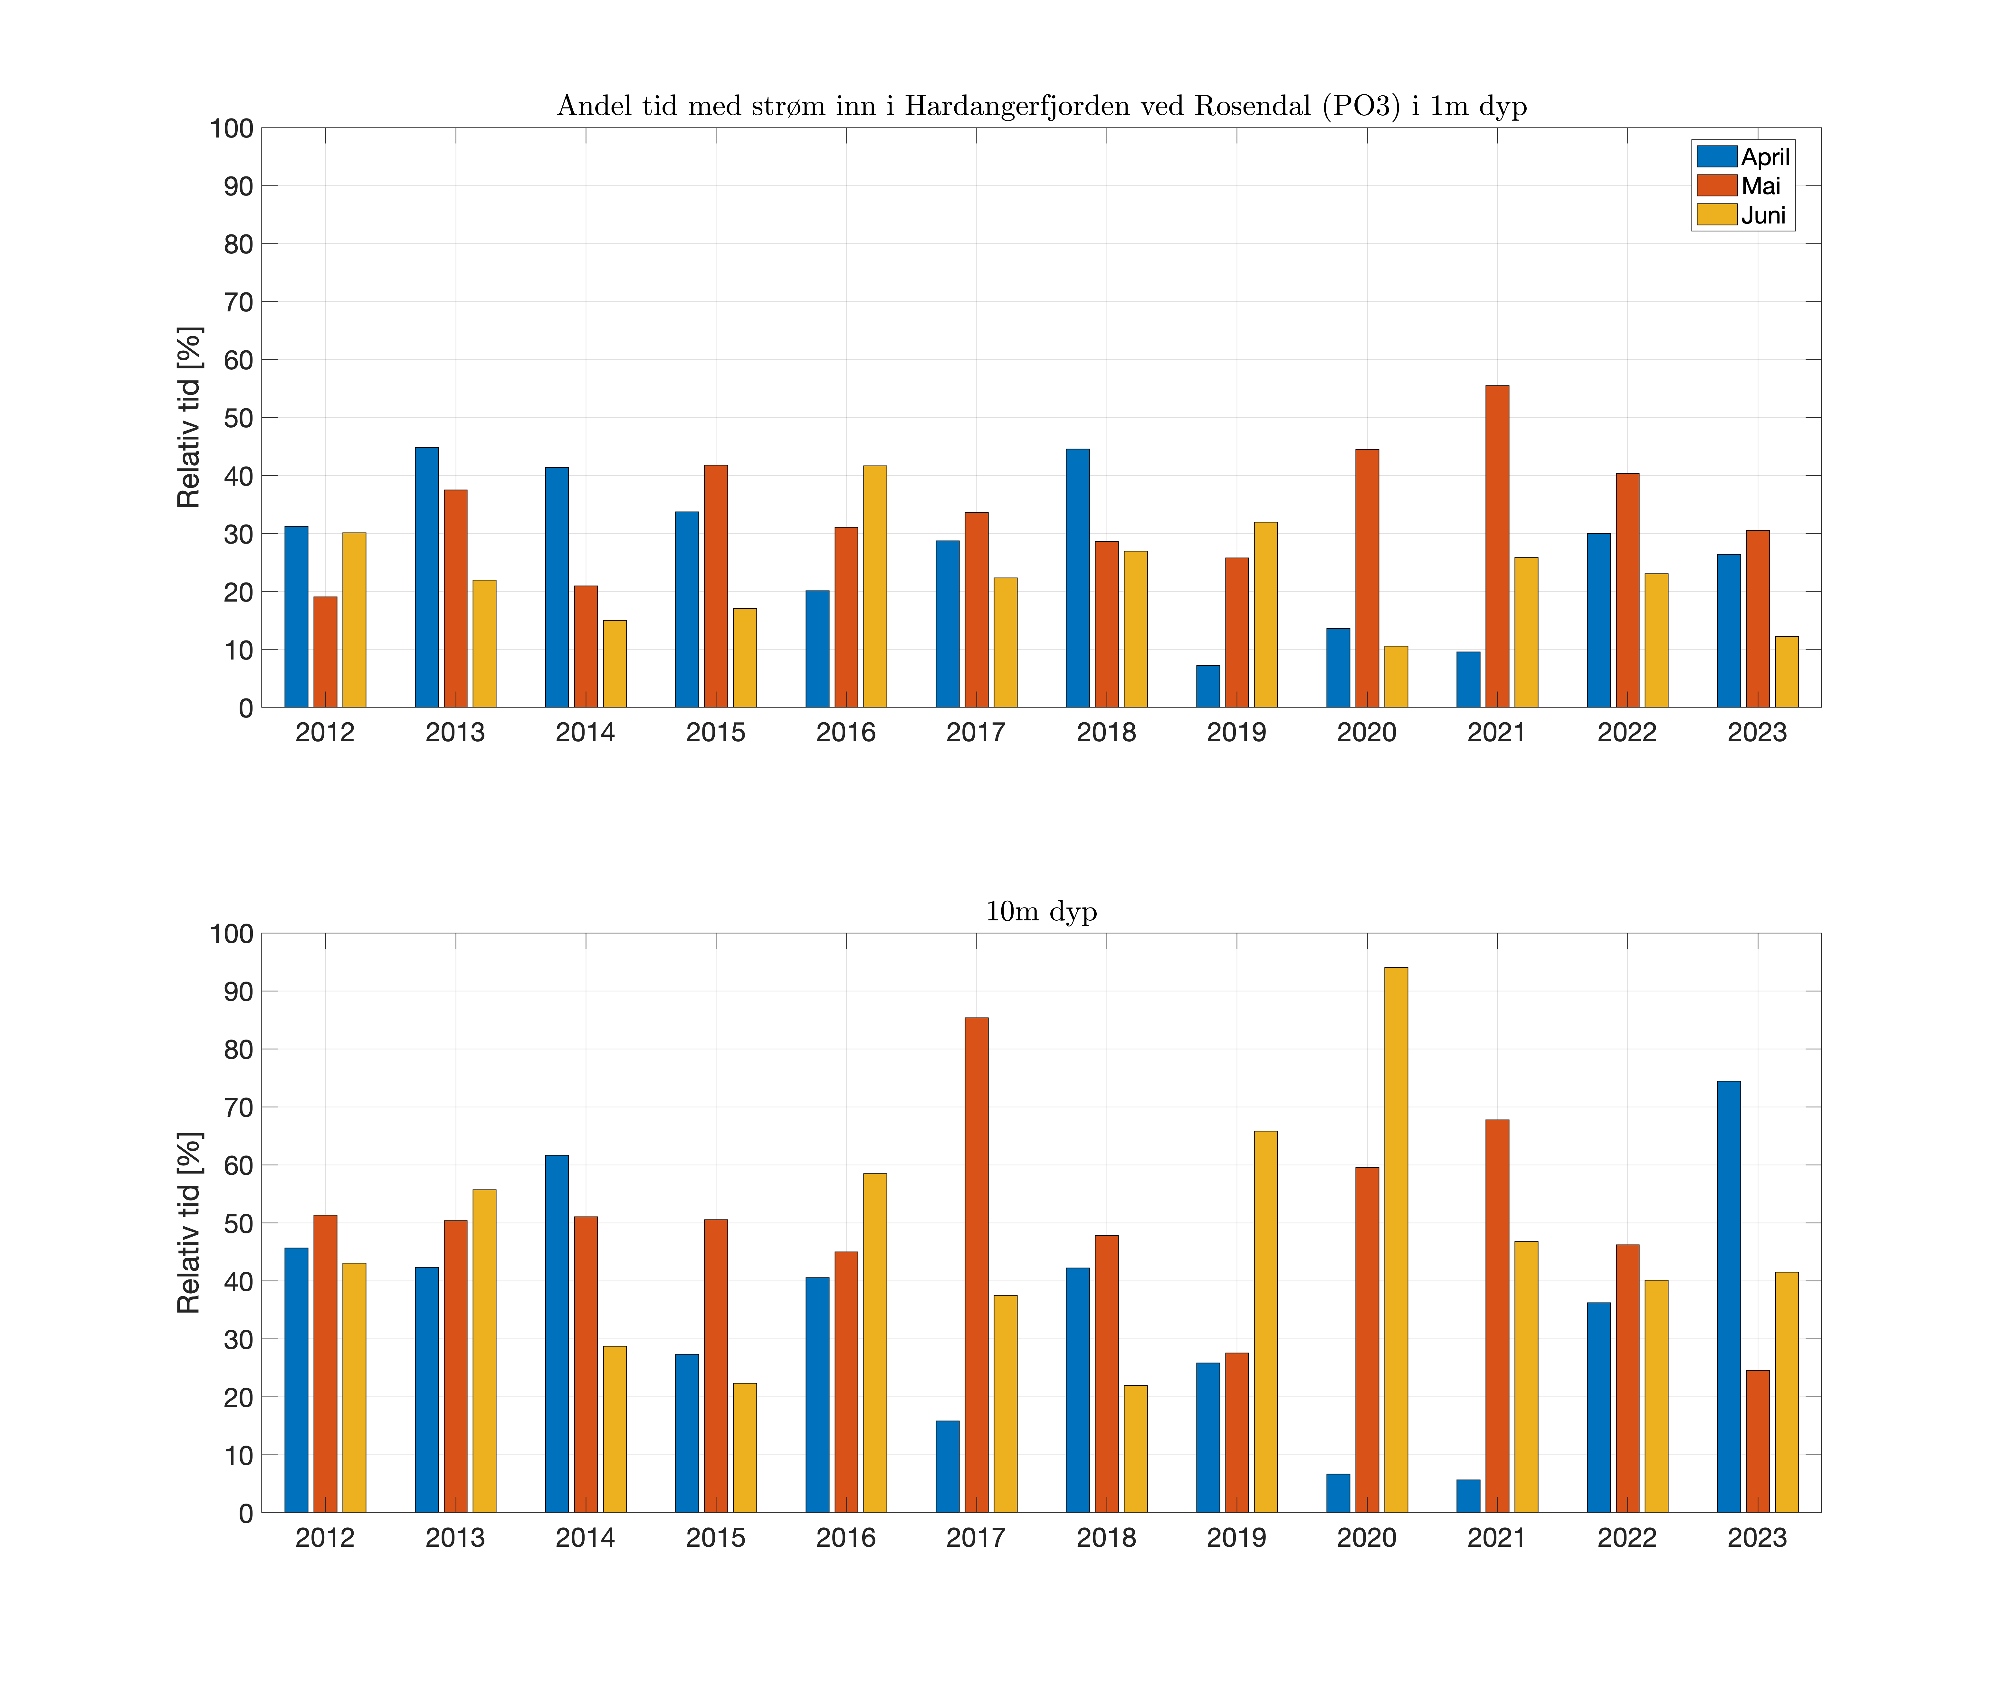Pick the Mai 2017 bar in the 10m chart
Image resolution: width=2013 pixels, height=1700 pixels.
tap(976, 1264)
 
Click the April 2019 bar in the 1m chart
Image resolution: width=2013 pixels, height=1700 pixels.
tap(1207, 686)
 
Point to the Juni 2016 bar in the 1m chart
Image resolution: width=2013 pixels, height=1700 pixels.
tap(875, 586)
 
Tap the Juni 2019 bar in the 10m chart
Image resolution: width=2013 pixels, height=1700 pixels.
tap(1265, 1321)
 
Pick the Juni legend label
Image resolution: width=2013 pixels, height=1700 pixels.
tap(1763, 215)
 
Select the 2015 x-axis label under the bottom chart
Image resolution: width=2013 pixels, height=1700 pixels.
tap(715, 1538)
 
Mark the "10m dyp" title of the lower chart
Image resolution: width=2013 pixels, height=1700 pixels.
tap(1041, 911)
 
